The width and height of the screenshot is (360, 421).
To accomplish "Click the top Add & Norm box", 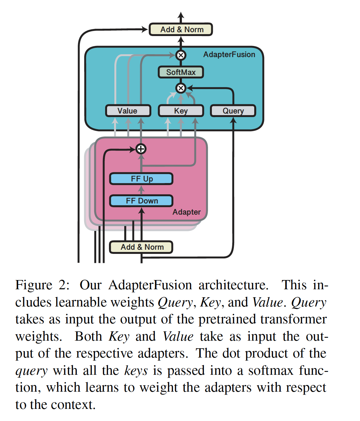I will (x=181, y=29).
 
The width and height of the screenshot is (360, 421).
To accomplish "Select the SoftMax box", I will (x=181, y=72).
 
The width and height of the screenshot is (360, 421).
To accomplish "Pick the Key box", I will (x=181, y=111).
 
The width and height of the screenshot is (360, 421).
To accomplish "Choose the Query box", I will (x=233, y=111).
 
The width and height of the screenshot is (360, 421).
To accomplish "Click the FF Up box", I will (x=141, y=179).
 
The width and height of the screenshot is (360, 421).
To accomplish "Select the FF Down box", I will (x=141, y=201).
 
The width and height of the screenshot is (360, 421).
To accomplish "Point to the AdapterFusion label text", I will (x=229, y=55).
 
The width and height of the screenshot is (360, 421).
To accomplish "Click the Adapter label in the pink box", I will (x=186, y=212).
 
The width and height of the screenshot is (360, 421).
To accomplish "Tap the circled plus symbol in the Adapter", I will (x=141, y=149).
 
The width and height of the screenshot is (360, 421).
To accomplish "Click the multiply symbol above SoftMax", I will (x=181, y=55).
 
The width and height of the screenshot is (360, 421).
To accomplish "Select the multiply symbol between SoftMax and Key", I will (x=181, y=88).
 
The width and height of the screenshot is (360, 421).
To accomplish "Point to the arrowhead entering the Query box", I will (x=233, y=120).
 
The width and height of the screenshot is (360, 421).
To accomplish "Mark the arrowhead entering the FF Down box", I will (x=142, y=211).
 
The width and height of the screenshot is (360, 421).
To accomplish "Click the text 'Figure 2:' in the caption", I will (x=42, y=285).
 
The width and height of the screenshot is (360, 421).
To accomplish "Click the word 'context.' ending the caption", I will (x=73, y=405).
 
